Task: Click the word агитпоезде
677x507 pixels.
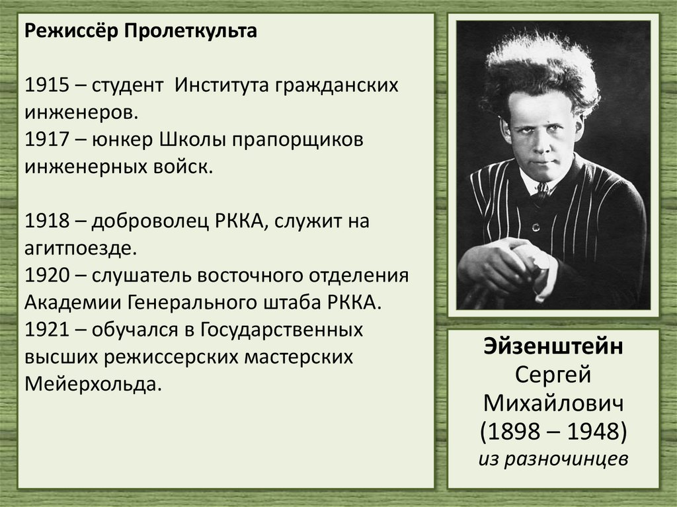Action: (81, 249)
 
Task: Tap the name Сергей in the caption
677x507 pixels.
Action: (553, 377)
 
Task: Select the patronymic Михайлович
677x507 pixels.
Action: (553, 404)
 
